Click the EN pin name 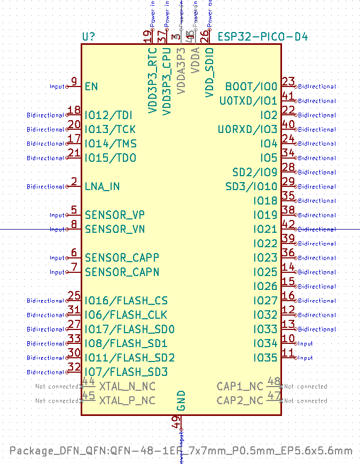pyautogui.click(x=91, y=86)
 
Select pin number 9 pyautogui.click(x=74, y=82)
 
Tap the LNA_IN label pyautogui.click(x=102, y=186)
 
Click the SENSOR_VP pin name pyautogui.click(x=115, y=215)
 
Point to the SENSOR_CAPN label pyautogui.click(x=122, y=272)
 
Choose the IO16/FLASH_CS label pyautogui.click(x=126, y=301)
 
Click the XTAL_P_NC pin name pyautogui.click(x=127, y=400)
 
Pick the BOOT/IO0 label pyautogui.click(x=251, y=86)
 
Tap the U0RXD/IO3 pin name pyautogui.click(x=247, y=129)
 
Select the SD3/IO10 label pyautogui.click(x=251, y=186)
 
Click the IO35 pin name pyautogui.click(x=265, y=358)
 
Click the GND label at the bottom pyautogui.click(x=181, y=400)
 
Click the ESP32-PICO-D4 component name pyautogui.click(x=262, y=37)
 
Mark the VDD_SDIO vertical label pyautogui.click(x=210, y=72)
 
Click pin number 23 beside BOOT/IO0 pyautogui.click(x=288, y=82)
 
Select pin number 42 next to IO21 pyautogui.click(x=288, y=225)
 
